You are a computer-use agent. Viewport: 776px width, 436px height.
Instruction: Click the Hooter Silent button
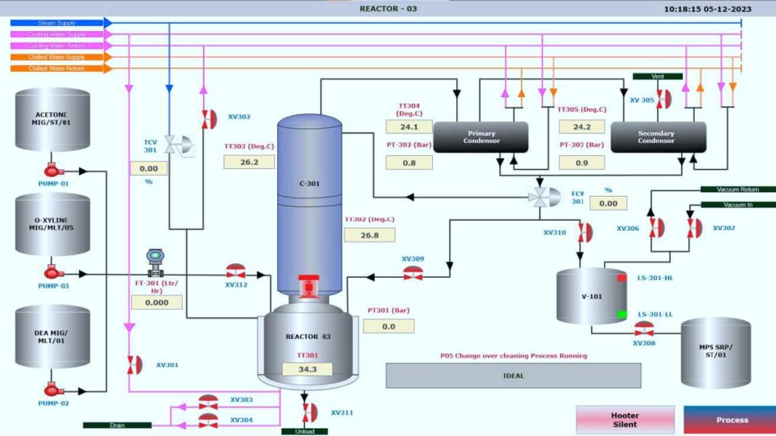click(x=624, y=419)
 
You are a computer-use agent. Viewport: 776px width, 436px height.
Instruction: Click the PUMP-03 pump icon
click(x=52, y=272)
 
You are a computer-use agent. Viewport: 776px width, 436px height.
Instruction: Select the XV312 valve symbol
click(x=236, y=272)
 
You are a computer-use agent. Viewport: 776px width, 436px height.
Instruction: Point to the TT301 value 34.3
click(x=307, y=369)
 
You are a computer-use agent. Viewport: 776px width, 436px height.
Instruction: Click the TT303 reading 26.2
click(x=249, y=162)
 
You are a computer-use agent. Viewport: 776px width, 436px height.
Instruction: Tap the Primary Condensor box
click(x=481, y=137)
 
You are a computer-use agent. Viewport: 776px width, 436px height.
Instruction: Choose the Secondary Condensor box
click(x=656, y=137)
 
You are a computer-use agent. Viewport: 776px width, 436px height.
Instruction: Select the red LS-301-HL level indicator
click(x=621, y=279)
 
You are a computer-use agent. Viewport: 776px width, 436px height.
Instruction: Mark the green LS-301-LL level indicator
click(x=621, y=314)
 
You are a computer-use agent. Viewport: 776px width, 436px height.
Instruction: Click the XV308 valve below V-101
click(x=643, y=329)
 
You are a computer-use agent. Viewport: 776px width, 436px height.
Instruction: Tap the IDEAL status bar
click(x=513, y=375)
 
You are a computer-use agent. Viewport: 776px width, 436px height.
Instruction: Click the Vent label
click(x=657, y=76)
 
